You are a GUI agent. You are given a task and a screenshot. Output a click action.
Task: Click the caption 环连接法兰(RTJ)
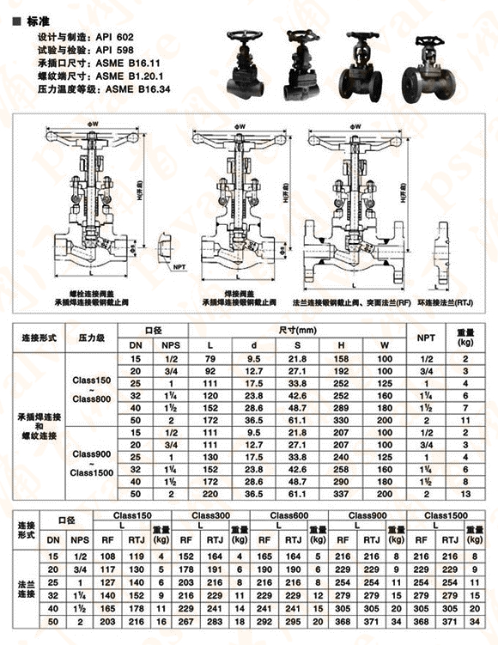[x=452, y=303]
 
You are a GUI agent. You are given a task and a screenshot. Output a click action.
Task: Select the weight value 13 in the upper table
[x=465, y=495]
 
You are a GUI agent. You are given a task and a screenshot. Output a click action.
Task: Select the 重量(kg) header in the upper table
[x=465, y=338]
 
